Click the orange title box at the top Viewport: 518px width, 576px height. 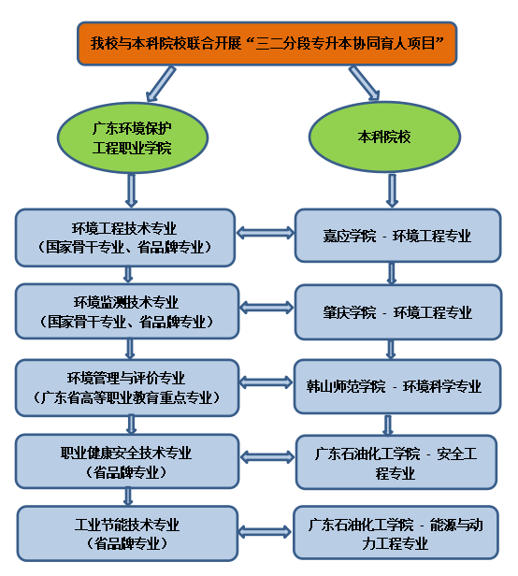(266, 43)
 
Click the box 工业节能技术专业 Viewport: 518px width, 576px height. (126, 533)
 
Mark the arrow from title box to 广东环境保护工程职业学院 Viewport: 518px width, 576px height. (159, 81)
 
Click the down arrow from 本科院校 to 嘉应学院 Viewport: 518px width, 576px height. (390, 190)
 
